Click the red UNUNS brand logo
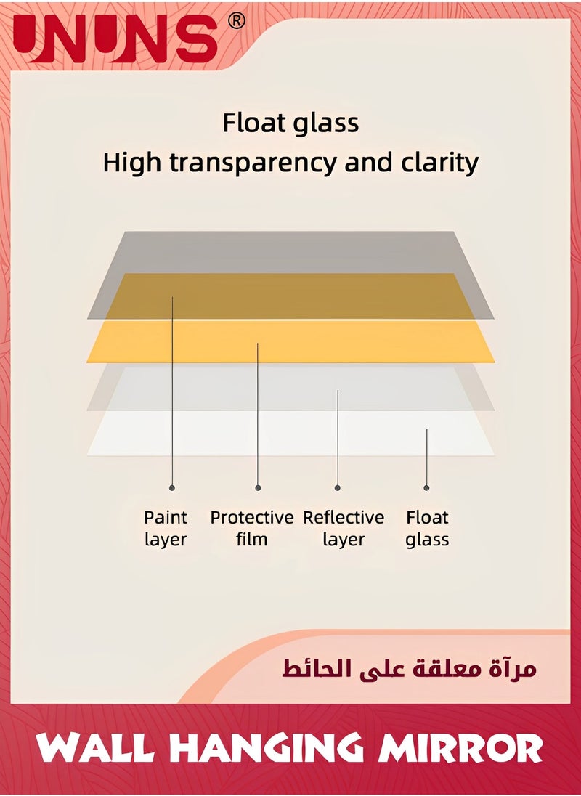click(x=115, y=38)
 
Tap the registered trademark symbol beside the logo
click(x=236, y=21)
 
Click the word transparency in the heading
click(x=253, y=163)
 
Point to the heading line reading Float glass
click(x=290, y=123)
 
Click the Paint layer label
click(x=166, y=529)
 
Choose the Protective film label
click(x=252, y=529)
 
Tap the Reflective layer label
click(x=344, y=529)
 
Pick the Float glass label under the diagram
click(x=427, y=529)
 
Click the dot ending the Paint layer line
click(x=172, y=488)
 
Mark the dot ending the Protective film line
click(x=258, y=488)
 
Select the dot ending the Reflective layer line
click(x=338, y=488)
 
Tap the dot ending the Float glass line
click(x=426, y=488)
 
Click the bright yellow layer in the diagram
click(x=290, y=341)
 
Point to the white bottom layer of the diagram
click(x=290, y=433)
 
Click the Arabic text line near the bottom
click(x=410, y=668)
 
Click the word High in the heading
click(x=133, y=163)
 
